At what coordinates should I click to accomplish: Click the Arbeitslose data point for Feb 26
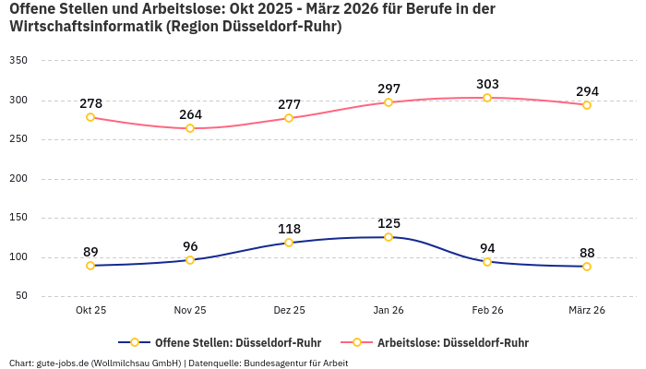[x=487, y=98]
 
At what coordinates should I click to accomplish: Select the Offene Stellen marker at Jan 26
[x=389, y=237]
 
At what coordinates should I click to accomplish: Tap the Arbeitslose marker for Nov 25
[x=190, y=128]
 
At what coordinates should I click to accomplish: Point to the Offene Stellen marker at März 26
[x=587, y=267]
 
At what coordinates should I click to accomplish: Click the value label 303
[x=487, y=84]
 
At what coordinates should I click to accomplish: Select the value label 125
[x=389, y=223]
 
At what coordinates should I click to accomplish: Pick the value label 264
[x=190, y=114]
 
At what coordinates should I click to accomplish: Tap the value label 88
[x=587, y=253]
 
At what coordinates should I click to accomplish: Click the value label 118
[x=289, y=229]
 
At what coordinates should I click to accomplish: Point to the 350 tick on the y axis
[x=18, y=61]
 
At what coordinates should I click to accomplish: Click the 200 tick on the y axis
[x=18, y=179]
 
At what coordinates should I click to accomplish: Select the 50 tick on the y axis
[x=21, y=296]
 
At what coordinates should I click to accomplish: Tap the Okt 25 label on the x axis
[x=90, y=311]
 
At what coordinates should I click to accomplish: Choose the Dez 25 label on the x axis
[x=289, y=311]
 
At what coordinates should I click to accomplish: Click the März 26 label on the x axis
[x=587, y=311]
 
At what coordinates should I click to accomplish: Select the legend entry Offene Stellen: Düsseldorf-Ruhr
[x=225, y=342]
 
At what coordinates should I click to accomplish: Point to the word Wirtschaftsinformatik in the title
[x=84, y=27]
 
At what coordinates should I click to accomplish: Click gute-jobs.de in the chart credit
[x=62, y=363]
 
